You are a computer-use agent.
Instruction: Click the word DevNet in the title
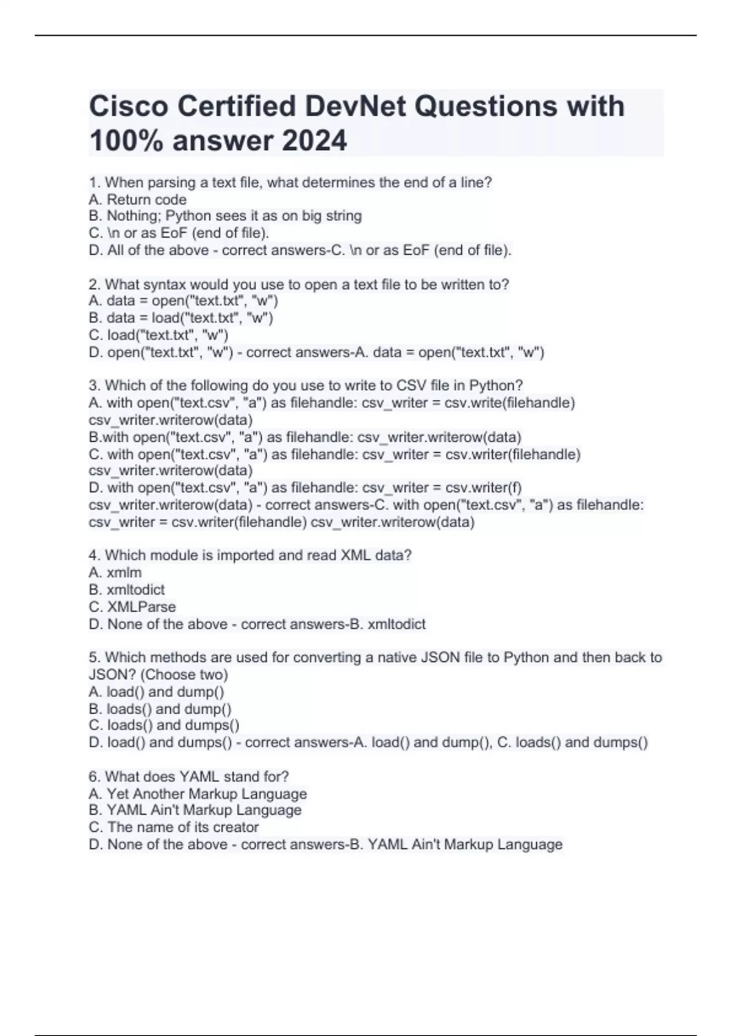click(x=355, y=106)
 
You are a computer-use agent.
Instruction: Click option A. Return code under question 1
click(x=138, y=199)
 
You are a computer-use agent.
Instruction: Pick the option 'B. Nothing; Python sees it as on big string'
click(x=225, y=216)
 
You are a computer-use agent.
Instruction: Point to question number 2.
click(x=94, y=285)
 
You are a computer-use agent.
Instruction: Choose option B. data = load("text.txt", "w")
click(x=181, y=318)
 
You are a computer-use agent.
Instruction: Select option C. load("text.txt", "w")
click(x=159, y=335)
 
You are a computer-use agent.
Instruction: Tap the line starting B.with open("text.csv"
click(x=305, y=437)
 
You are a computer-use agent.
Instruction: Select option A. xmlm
click(x=115, y=572)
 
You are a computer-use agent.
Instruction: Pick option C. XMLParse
click(x=132, y=606)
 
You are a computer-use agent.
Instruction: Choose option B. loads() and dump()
click(x=160, y=709)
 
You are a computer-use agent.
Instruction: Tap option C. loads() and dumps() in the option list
click(x=164, y=725)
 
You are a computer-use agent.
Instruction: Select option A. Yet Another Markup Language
click(x=198, y=793)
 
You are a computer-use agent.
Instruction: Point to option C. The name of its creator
click(x=174, y=827)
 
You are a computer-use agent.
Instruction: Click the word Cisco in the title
click(x=129, y=106)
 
